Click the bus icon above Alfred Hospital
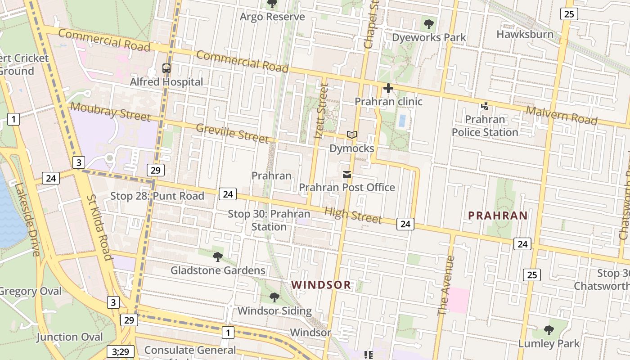(166, 68)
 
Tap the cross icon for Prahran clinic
(388, 88)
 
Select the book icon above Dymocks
(352, 135)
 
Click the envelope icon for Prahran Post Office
(347, 174)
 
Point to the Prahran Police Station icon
(485, 106)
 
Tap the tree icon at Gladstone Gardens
(218, 257)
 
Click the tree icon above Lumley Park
(549, 330)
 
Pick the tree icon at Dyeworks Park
(429, 24)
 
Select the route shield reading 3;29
(121, 351)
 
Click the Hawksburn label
(525, 34)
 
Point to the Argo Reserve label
(272, 17)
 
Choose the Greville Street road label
(232, 133)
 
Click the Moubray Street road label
(110, 112)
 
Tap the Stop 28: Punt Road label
(157, 196)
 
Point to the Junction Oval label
(70, 337)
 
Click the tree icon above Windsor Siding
(274, 297)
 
